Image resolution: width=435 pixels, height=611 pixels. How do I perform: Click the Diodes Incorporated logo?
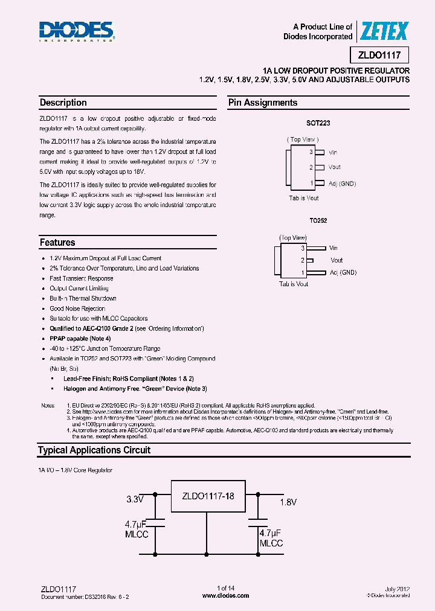click(x=77, y=31)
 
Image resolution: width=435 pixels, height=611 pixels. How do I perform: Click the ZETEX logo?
click(x=384, y=31)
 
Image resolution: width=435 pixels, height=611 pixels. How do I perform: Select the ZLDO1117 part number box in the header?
click(x=383, y=55)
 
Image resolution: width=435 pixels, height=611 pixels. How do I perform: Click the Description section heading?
click(x=63, y=103)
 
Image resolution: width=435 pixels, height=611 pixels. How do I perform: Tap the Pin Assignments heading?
click(x=263, y=103)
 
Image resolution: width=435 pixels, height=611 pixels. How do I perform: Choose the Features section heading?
click(x=57, y=242)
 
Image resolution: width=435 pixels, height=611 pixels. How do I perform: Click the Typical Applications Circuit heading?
click(x=94, y=450)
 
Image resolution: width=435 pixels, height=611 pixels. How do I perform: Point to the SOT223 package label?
click(x=318, y=123)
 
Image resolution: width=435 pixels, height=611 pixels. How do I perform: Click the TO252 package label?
click(x=318, y=221)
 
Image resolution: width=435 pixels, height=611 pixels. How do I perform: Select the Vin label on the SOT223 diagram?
click(x=334, y=153)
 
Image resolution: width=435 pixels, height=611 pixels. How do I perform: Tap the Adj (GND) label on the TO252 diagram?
click(x=343, y=272)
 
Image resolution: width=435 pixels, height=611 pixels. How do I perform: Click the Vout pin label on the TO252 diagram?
click(x=336, y=260)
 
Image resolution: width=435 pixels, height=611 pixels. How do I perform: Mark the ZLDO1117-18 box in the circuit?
click(x=207, y=496)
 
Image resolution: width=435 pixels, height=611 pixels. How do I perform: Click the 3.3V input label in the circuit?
click(x=135, y=499)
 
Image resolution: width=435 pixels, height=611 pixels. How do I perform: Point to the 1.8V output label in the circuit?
click(x=289, y=501)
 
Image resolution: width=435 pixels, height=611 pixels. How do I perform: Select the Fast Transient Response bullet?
click(x=81, y=278)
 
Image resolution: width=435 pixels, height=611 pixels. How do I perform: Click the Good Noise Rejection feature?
click(x=77, y=309)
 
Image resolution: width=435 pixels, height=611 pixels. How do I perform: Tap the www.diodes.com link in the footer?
click(x=225, y=595)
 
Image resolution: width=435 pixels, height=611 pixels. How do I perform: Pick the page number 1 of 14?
click(x=225, y=588)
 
